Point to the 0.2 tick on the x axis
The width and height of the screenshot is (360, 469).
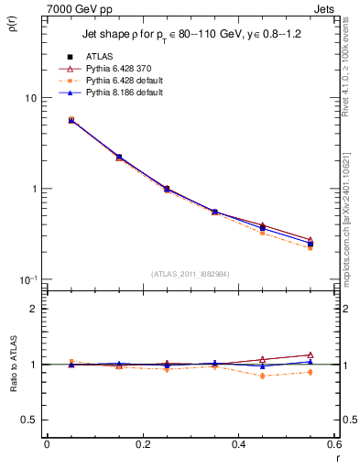[x=143, y=444]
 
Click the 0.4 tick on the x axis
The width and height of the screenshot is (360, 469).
[x=239, y=444]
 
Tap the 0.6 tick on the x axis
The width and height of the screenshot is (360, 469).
[x=333, y=444]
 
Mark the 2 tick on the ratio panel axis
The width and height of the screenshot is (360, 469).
[x=34, y=309]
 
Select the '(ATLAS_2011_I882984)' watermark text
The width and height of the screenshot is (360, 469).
[x=191, y=273]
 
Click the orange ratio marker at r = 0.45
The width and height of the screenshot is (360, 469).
[x=263, y=376]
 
